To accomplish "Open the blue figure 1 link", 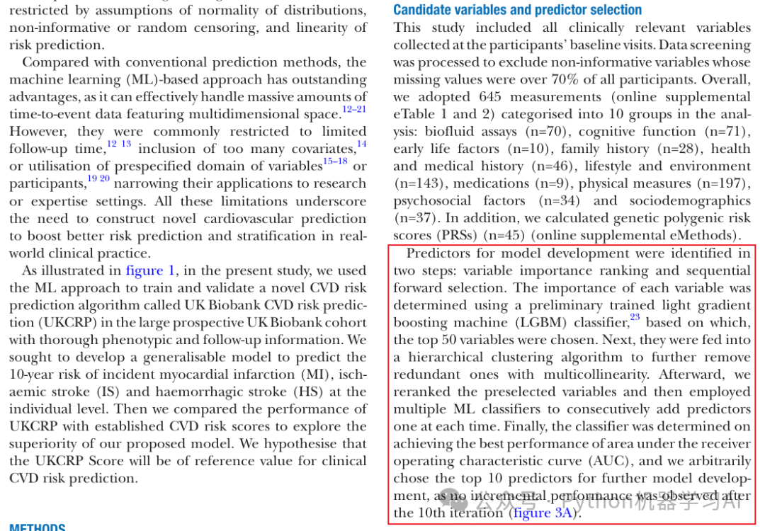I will pyautogui.click(x=150, y=270).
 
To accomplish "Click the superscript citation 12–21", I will pyautogui.click(x=354, y=109).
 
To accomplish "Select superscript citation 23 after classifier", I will pyautogui.click(x=635, y=318).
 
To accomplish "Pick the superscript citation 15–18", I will pyautogui.click(x=335, y=161).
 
